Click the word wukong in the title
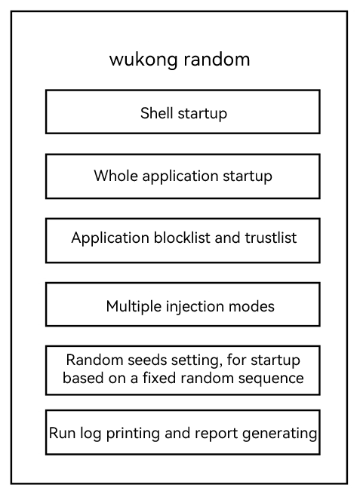[143, 60]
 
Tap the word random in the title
[217, 59]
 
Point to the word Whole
[115, 176]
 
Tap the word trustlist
[271, 238]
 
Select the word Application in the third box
[110, 238]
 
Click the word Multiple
[134, 307]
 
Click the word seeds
[147, 360]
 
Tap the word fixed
[159, 378]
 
